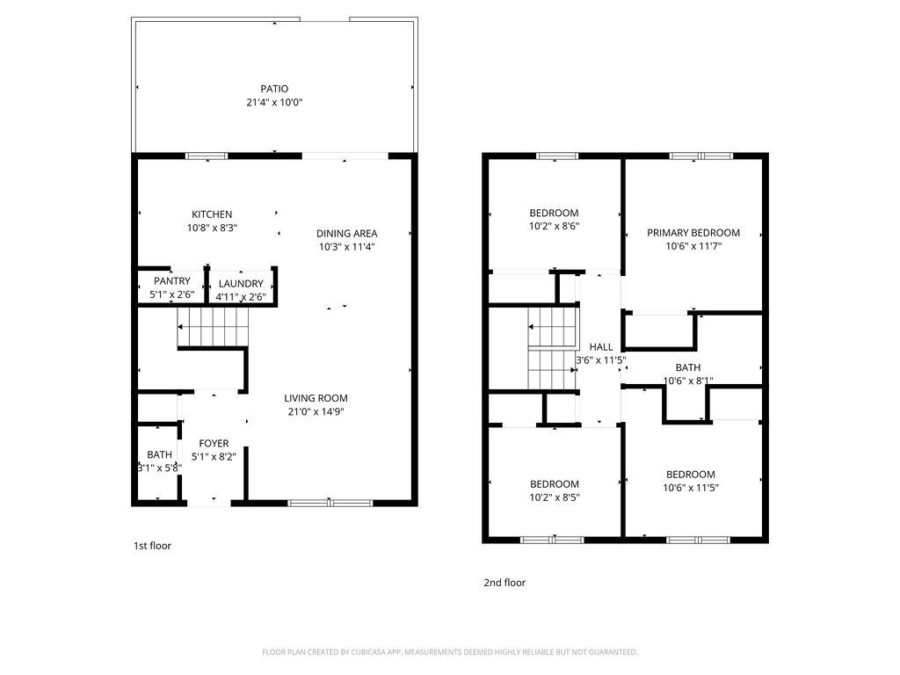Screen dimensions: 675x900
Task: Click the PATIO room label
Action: (x=274, y=89)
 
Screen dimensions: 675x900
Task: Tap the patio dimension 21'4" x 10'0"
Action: (x=274, y=103)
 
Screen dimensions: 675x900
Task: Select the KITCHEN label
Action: (x=212, y=214)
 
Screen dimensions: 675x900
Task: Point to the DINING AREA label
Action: (x=347, y=233)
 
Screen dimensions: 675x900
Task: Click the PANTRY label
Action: (x=172, y=281)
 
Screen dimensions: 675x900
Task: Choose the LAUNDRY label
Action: (x=241, y=284)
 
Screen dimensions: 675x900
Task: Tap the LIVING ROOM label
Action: (x=316, y=398)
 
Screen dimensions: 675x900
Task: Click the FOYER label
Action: (x=214, y=444)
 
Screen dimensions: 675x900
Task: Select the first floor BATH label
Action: (x=159, y=454)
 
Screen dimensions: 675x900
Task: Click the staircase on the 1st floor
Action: (x=213, y=328)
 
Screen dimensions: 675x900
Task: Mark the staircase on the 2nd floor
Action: (x=550, y=347)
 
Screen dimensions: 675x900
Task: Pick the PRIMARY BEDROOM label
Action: (x=693, y=233)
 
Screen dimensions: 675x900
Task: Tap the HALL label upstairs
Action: (x=601, y=347)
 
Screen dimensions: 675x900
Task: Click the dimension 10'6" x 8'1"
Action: (x=687, y=381)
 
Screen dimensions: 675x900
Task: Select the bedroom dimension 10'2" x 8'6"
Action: (x=554, y=226)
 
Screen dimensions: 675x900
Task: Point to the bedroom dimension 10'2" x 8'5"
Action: (x=554, y=497)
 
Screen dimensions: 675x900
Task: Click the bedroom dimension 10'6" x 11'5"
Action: (x=690, y=488)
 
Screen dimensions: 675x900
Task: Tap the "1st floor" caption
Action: (x=152, y=546)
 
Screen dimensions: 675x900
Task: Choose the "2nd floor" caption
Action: (x=504, y=583)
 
